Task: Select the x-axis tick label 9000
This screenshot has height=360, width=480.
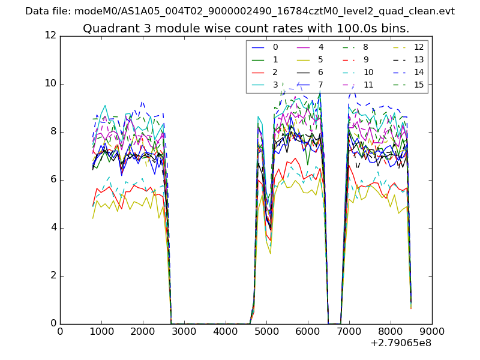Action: tap(432, 331)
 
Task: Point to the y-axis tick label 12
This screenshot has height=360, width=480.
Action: tap(50, 36)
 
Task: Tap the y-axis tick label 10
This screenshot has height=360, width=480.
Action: tap(50, 84)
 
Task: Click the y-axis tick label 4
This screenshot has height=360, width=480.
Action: tap(53, 228)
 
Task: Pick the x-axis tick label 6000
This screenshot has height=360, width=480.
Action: tap(308, 331)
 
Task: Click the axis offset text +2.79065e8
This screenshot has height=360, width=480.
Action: tap(400, 343)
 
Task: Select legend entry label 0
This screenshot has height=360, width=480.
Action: tap(275, 47)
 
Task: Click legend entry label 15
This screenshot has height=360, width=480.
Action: tap(419, 85)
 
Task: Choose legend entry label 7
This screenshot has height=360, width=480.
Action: tap(321, 85)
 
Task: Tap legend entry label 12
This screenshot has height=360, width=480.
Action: tap(419, 47)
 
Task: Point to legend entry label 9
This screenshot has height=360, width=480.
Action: tap(366, 59)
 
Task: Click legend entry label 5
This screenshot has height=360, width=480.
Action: tap(321, 59)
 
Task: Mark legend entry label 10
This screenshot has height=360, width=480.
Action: tap(368, 72)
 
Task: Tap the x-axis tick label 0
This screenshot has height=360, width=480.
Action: tap(60, 331)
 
